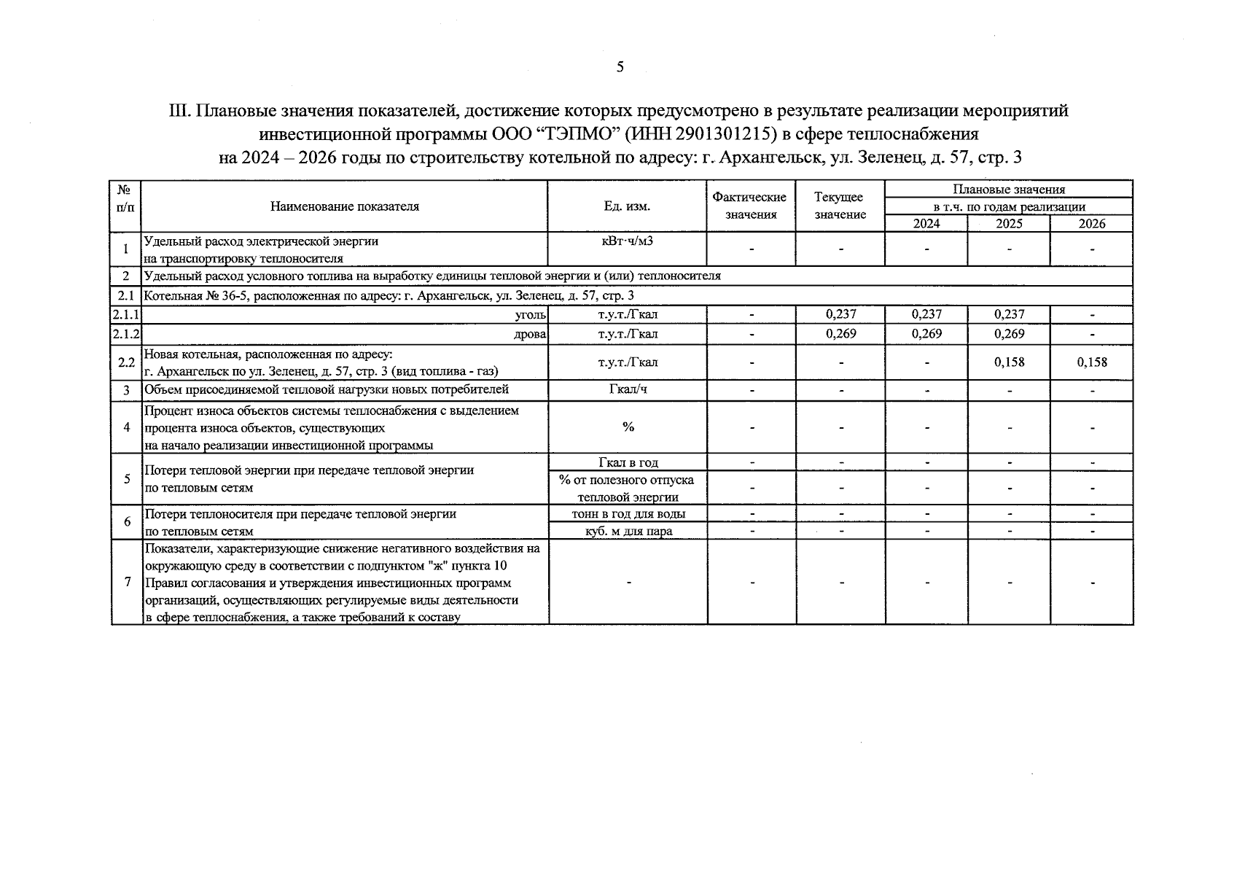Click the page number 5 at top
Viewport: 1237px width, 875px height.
[620, 68]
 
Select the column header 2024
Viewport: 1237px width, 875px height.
[926, 224]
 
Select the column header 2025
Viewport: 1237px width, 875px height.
[1009, 224]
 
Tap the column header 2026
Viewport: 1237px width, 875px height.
[1092, 224]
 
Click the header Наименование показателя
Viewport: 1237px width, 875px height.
[345, 206]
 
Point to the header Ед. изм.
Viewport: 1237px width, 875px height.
[627, 206]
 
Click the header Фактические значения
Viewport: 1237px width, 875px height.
[750, 206]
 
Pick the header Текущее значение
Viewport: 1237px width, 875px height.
[840, 206]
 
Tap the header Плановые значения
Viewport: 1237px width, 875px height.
[1009, 190]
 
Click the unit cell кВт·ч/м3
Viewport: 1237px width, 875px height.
[627, 241]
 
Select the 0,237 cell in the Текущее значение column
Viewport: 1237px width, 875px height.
[840, 314]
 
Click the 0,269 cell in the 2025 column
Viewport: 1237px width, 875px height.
[1009, 333]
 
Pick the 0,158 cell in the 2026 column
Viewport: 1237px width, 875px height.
[1092, 362]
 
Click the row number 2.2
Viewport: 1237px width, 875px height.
[126, 362]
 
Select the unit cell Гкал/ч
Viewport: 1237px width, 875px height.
[628, 389]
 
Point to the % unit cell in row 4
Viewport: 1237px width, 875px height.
[628, 427]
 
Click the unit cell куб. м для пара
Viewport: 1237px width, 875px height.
[628, 531]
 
